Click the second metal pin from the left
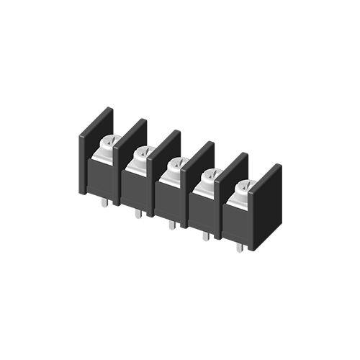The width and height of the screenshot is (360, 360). [x=138, y=214]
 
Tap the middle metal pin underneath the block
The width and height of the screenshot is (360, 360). [x=171, y=225]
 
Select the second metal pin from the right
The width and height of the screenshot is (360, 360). [x=205, y=235]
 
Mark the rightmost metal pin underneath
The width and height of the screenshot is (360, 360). [x=239, y=247]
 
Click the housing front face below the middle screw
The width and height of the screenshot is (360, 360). [x=170, y=199]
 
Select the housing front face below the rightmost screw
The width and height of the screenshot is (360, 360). [x=237, y=222]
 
